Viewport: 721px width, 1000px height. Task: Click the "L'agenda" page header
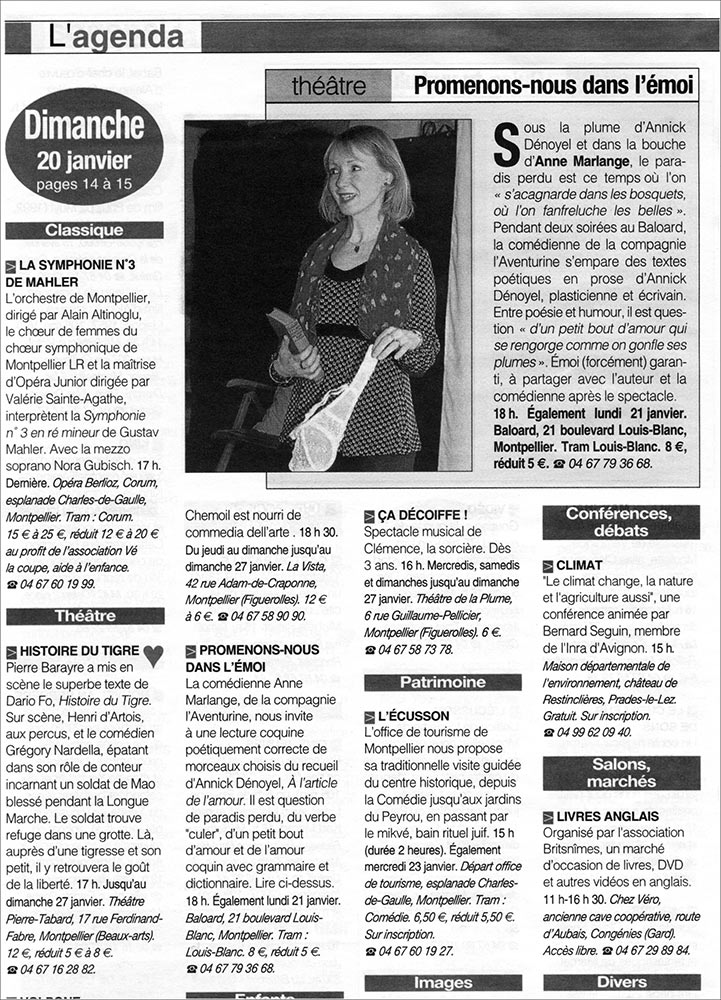(x=118, y=37)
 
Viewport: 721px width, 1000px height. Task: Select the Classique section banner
(x=85, y=230)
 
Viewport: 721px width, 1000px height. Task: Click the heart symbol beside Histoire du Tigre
(x=152, y=655)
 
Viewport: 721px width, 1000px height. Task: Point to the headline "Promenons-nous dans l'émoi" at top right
(x=554, y=85)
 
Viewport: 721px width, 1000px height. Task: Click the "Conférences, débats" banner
(x=621, y=522)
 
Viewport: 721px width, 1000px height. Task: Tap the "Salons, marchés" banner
(x=621, y=773)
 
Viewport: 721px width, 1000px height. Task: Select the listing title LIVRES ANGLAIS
(x=606, y=817)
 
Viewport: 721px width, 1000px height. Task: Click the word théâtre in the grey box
(x=329, y=86)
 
